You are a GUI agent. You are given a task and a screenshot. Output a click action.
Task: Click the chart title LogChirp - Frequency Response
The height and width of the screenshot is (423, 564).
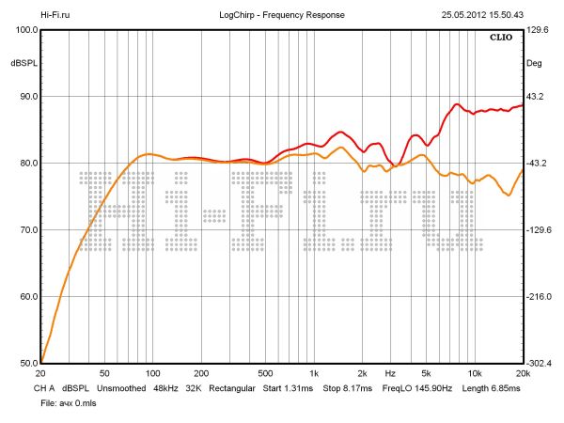pos(282,15)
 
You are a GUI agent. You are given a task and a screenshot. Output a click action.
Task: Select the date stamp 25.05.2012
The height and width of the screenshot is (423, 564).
pos(458,15)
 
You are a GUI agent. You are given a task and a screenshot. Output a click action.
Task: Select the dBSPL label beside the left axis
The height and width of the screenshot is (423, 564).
pos(23,63)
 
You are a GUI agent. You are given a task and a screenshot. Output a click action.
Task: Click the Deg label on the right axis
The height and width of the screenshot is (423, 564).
pos(535,63)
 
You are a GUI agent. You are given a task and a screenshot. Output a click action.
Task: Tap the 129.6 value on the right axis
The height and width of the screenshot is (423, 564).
pos(538,30)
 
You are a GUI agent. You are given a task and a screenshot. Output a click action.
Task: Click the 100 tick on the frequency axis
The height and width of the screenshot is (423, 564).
pos(152,373)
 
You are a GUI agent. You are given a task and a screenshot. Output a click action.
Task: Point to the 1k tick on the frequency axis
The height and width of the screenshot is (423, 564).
pos(314,373)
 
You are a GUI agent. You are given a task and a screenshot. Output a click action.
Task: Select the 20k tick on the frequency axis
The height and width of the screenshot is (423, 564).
pos(522,373)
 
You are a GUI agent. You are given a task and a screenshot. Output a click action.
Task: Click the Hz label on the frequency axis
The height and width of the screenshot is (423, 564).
pos(389,373)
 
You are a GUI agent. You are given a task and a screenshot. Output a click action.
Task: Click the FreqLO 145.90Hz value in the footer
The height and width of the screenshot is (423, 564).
pos(415,387)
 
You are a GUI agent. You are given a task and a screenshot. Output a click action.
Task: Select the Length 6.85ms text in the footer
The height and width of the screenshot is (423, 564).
pos(492,387)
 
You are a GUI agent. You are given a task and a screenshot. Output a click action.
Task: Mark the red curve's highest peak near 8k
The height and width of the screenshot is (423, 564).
pos(457,104)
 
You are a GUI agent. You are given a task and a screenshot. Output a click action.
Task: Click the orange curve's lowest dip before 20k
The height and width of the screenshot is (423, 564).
pos(509,195)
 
